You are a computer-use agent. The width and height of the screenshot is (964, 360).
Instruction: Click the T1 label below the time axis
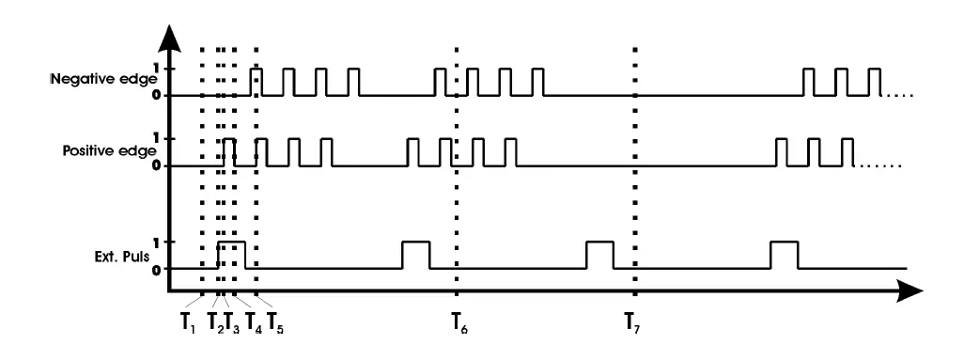(x=189, y=322)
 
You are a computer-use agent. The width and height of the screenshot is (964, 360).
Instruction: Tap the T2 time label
(x=214, y=322)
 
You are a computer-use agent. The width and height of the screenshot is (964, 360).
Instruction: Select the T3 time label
(x=232, y=322)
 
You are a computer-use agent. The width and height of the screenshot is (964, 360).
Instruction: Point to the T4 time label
(x=254, y=322)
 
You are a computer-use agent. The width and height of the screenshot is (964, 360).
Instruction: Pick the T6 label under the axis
(x=458, y=322)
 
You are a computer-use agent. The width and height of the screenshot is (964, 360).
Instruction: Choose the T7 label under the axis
(x=635, y=322)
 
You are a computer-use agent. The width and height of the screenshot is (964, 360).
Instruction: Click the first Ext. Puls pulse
(x=231, y=255)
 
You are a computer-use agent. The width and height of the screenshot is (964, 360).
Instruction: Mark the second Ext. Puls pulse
(x=415, y=255)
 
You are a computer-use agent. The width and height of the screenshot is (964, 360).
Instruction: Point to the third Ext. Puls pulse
(x=599, y=255)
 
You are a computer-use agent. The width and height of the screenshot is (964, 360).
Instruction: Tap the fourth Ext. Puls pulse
(x=784, y=255)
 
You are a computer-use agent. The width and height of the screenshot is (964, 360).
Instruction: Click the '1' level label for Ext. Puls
(x=156, y=242)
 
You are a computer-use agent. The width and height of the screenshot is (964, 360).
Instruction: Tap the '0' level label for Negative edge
(x=156, y=95)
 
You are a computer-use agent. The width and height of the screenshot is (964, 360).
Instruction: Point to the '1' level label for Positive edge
(x=156, y=138)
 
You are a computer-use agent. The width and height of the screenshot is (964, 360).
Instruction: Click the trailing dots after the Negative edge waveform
(x=898, y=95)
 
